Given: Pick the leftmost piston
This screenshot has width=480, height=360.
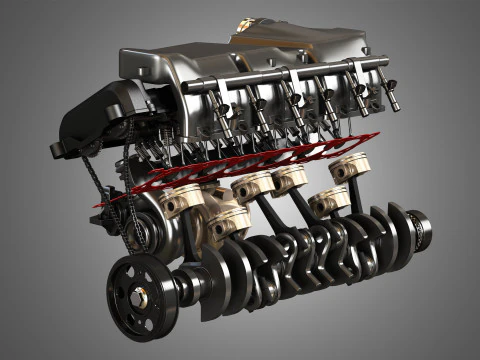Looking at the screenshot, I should pos(184,200).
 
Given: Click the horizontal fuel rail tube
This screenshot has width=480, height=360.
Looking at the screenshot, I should pos(290,76).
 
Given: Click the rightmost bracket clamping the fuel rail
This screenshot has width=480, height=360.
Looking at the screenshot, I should pos(354,70).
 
